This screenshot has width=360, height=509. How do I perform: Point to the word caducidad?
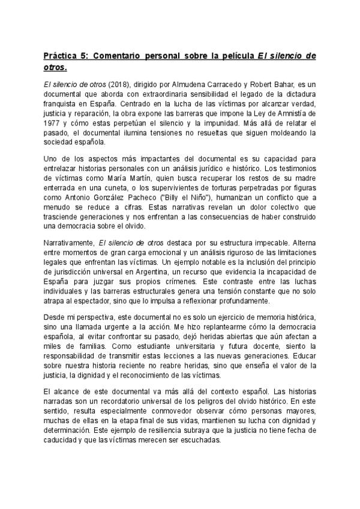63,440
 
